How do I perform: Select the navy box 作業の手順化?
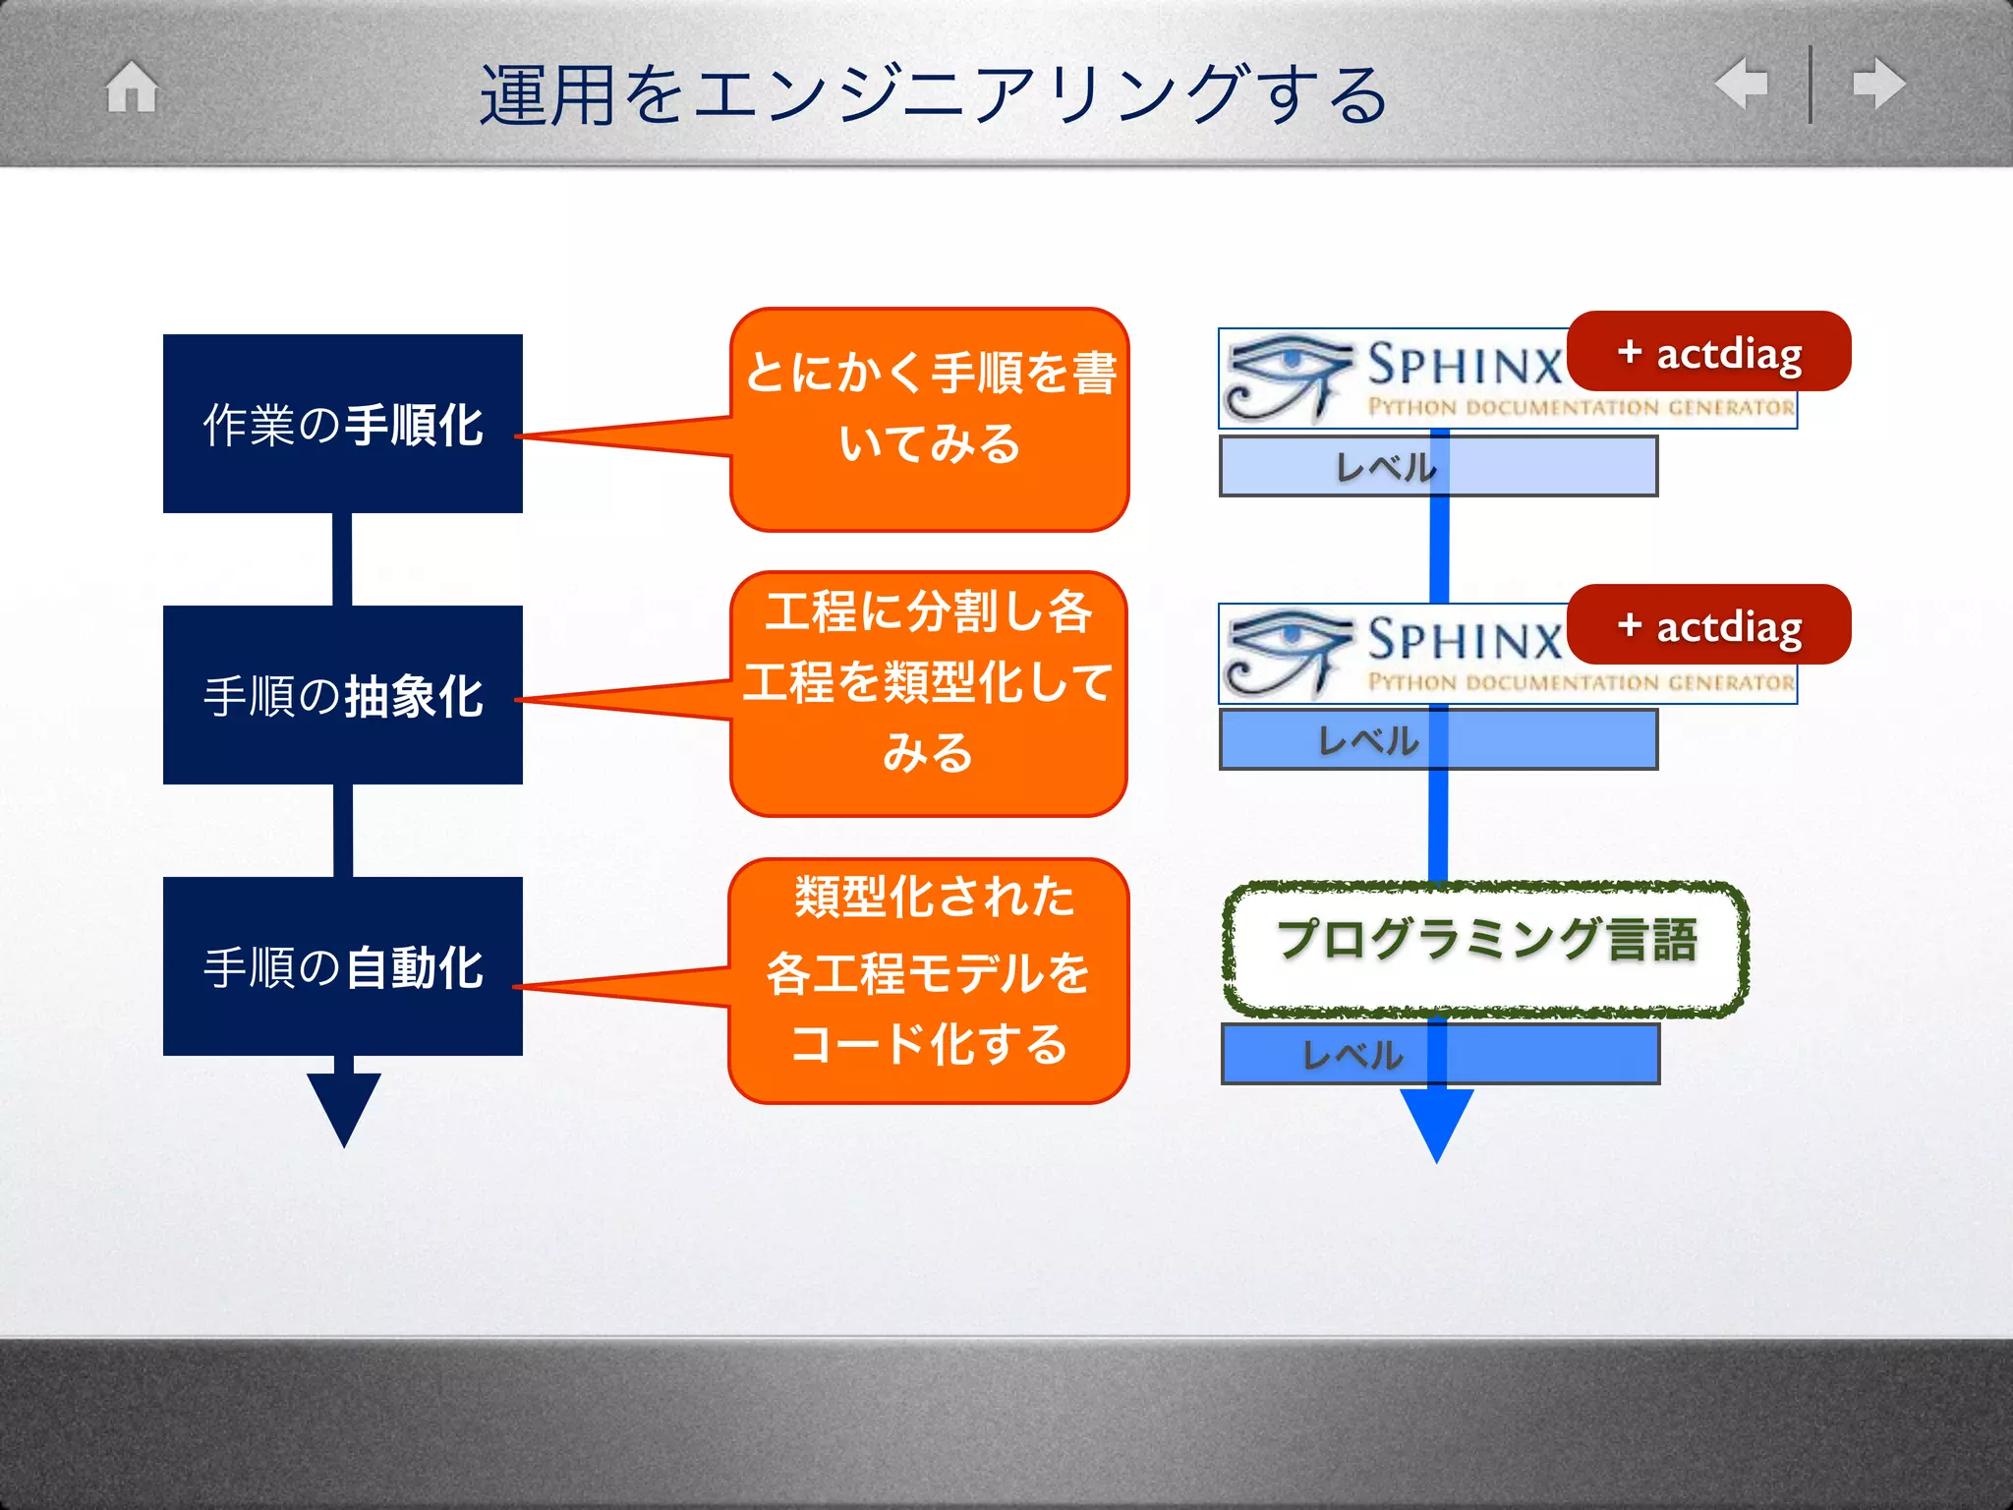(x=342, y=424)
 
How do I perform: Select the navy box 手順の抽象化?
(x=342, y=695)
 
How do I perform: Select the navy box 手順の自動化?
(x=342, y=966)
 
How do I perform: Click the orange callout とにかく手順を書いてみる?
(x=930, y=420)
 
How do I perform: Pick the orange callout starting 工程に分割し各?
(x=929, y=693)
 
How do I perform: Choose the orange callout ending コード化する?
(x=929, y=980)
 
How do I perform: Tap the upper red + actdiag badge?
(x=1709, y=352)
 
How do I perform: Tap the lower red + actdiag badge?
(x=1709, y=625)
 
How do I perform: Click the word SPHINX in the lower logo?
(x=1464, y=640)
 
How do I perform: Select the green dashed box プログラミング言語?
(x=1485, y=949)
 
